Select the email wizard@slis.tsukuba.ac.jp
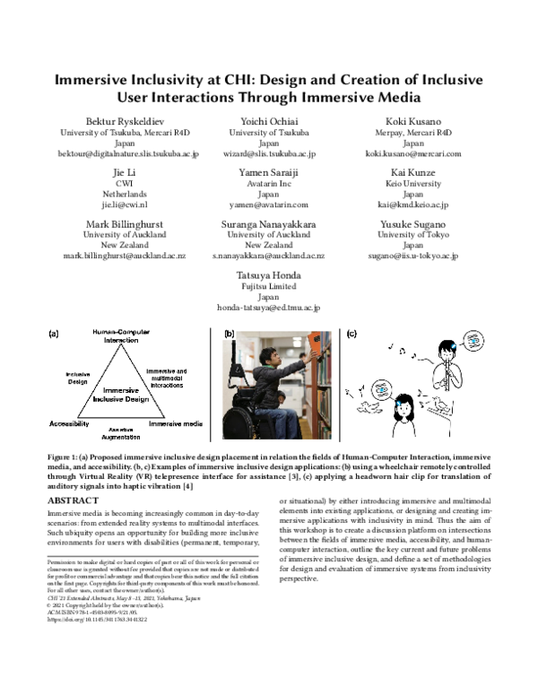click(268, 154)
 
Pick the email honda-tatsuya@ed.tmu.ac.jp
click(268, 308)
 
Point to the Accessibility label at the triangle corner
click(69, 422)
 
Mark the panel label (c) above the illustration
click(351, 334)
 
